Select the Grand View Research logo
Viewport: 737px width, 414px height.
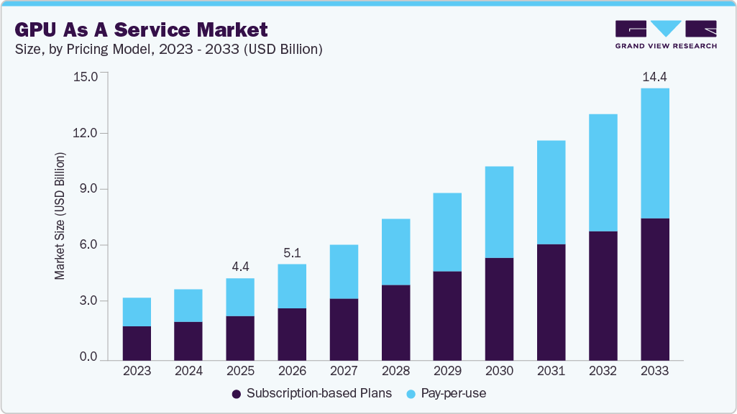[665, 34]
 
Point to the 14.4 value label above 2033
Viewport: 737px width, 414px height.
[654, 76]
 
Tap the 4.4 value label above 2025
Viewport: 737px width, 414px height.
[240, 266]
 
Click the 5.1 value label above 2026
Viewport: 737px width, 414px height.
[292, 252]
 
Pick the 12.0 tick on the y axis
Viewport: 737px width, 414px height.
[90, 133]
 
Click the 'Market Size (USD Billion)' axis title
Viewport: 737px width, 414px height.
[60, 216]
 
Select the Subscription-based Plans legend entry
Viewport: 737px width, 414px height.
[312, 393]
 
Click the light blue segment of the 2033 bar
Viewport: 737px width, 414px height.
[654, 153]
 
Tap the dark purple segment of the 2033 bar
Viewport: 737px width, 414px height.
[654, 288]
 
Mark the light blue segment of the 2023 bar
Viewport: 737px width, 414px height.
[137, 312]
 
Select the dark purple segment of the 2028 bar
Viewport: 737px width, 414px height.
[395, 322]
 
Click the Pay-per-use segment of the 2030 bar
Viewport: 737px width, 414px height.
[499, 212]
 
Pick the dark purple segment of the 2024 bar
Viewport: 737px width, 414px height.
[188, 341]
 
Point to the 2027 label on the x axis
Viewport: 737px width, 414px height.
[344, 372]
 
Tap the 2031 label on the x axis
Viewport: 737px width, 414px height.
[551, 372]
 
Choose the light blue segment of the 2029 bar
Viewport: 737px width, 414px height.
[447, 232]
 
